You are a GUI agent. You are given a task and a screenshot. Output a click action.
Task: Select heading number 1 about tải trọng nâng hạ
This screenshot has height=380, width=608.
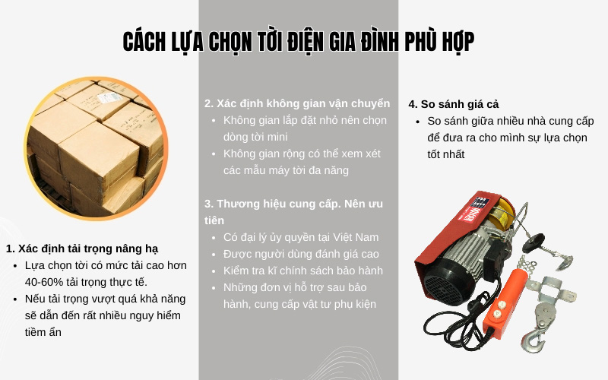82,249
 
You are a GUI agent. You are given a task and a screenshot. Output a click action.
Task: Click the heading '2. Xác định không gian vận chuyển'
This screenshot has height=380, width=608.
297,103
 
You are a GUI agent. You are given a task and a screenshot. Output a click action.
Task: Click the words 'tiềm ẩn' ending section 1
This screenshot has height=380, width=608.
43,332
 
